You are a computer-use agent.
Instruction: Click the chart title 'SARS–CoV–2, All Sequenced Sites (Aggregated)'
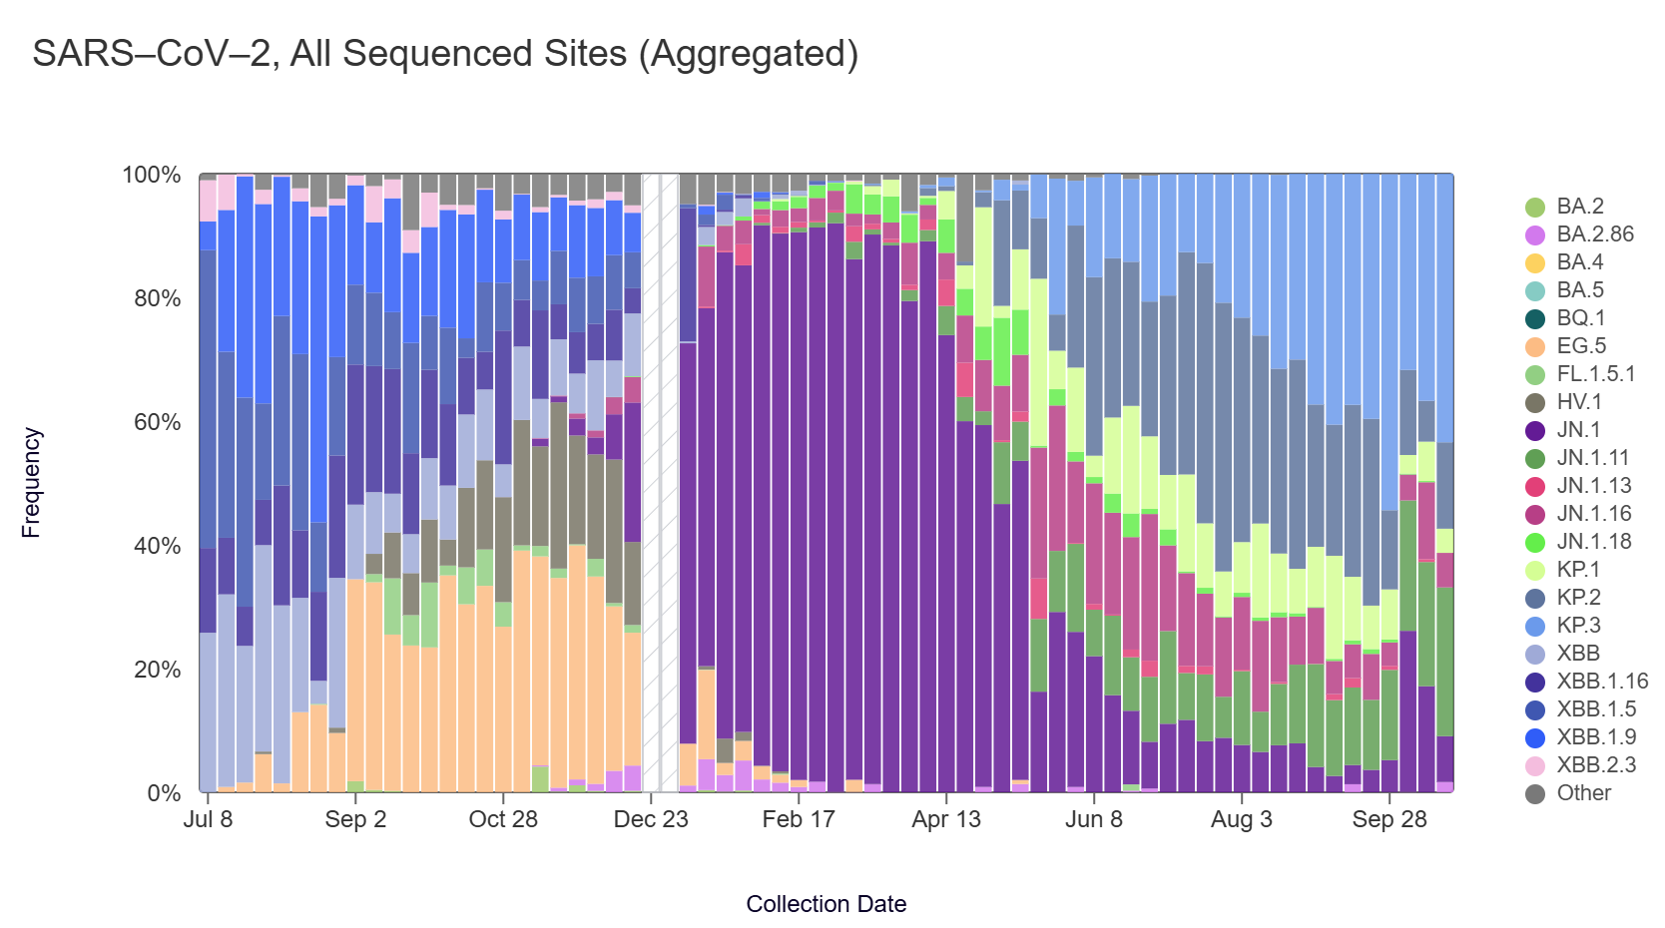pyautogui.click(x=445, y=54)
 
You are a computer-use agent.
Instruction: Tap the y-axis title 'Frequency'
pyautogui.click(x=31, y=483)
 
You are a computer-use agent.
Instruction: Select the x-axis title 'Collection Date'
pyautogui.click(x=826, y=904)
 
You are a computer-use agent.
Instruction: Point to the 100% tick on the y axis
pyautogui.click(x=152, y=176)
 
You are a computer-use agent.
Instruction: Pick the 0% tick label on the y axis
pyautogui.click(x=164, y=793)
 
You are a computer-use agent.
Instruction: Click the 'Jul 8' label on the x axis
pyautogui.click(x=208, y=819)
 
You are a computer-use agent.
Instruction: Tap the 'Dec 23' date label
pyautogui.click(x=651, y=819)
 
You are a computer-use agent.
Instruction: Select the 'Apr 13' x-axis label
pyautogui.click(x=946, y=819)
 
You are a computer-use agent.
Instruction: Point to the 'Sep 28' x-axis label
pyautogui.click(x=1389, y=819)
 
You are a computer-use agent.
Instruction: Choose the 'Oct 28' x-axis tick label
pyautogui.click(x=503, y=819)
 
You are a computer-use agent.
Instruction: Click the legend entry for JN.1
pyautogui.click(x=1577, y=430)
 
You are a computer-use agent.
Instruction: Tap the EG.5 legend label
pyautogui.click(x=1581, y=346)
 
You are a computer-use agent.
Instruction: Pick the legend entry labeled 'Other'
pyautogui.click(x=1583, y=793)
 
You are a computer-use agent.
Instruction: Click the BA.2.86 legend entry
pyautogui.click(x=1594, y=234)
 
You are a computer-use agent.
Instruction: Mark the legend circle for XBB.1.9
pyautogui.click(x=1535, y=737)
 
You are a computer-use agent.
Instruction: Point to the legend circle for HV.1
pyautogui.click(x=1535, y=402)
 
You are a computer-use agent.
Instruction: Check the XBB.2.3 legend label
pyautogui.click(x=1594, y=765)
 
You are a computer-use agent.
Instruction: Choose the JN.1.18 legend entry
pyautogui.click(x=1594, y=542)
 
